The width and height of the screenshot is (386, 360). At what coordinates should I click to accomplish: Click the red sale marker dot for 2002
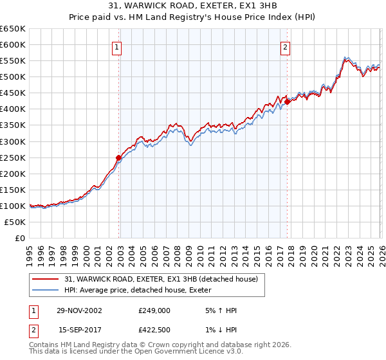(x=119, y=157)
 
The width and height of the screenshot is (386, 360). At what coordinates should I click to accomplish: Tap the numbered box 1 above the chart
(x=116, y=46)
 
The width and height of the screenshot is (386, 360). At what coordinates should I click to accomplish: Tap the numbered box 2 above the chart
(x=284, y=46)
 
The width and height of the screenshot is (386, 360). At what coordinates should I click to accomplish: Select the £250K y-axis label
(x=13, y=157)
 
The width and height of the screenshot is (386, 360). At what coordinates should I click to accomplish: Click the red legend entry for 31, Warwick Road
(x=161, y=278)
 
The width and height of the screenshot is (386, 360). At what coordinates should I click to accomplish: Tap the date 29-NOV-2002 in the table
(x=78, y=310)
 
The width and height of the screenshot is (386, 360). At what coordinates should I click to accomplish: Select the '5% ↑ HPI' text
(x=220, y=310)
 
